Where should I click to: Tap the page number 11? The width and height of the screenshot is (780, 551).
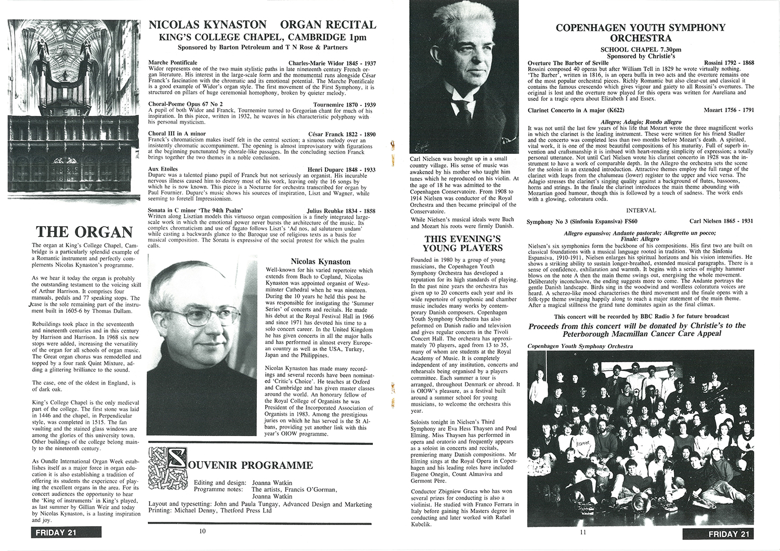(x=582, y=532)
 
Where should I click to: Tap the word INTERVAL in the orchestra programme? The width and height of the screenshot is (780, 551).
(x=640, y=211)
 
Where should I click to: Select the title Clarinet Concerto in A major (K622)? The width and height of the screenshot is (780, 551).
(x=576, y=111)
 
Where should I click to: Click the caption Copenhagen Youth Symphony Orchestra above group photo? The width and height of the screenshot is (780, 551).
(x=580, y=346)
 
